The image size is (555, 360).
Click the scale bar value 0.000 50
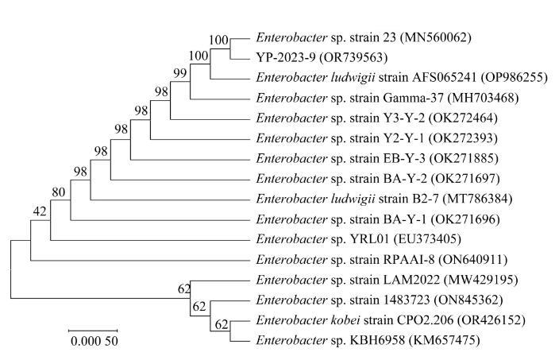click(93, 343)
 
